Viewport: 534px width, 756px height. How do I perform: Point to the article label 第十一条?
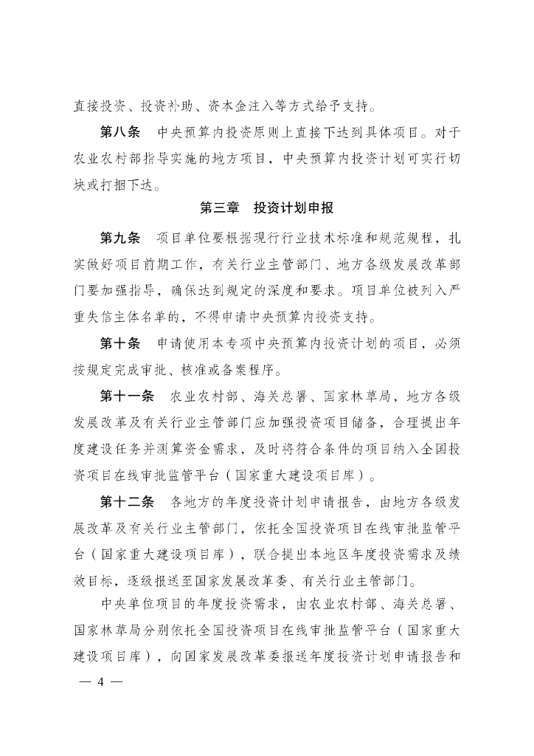click(x=126, y=397)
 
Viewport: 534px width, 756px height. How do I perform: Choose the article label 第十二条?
click(x=126, y=503)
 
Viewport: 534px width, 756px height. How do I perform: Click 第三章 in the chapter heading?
click(x=220, y=208)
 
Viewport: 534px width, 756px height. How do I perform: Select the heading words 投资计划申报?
click(x=294, y=208)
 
